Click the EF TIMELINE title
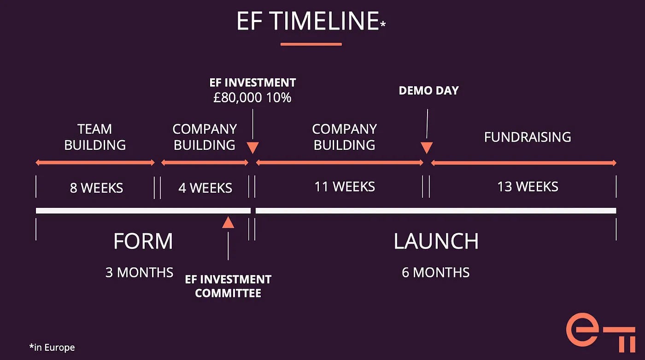pos(308,21)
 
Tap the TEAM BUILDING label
pos(95,137)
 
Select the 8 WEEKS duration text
pos(96,188)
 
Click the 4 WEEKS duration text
pos(205,188)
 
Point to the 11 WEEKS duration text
pos(344,187)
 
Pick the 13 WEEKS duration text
pos(528,187)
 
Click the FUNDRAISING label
pos(527,137)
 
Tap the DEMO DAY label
pos(428,90)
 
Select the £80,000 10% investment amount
pos(252,98)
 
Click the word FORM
pos(143,242)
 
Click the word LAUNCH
pos(436,242)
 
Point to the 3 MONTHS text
pos(139,272)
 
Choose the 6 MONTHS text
pos(435,272)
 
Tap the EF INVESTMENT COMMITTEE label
pos(228,286)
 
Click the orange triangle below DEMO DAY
pos(427,148)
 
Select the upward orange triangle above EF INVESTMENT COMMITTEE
pos(228,223)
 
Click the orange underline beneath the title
pos(311,44)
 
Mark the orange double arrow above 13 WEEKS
pos(523,163)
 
